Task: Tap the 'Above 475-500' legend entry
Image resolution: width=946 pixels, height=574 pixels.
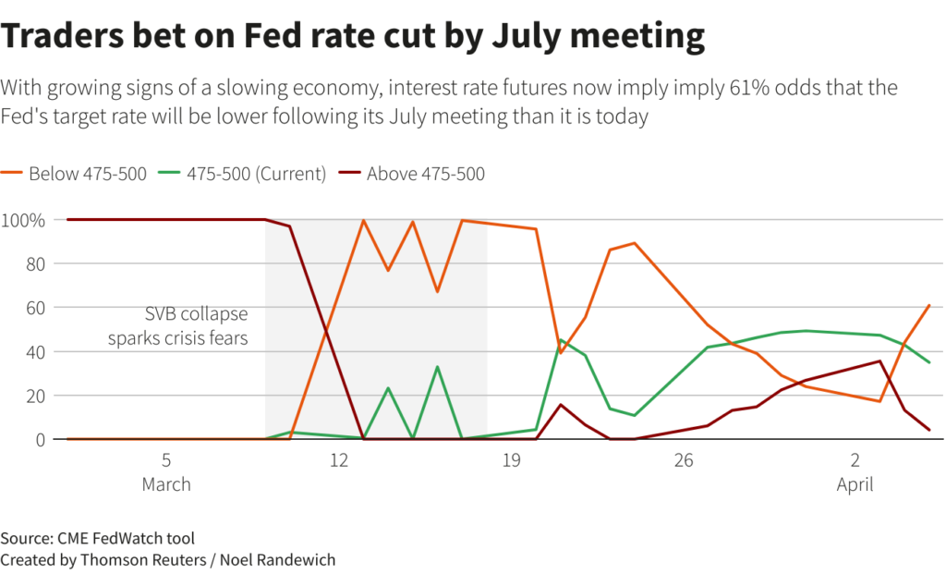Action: pyautogui.click(x=425, y=174)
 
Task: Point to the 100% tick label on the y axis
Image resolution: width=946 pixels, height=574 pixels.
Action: pyautogui.click(x=23, y=220)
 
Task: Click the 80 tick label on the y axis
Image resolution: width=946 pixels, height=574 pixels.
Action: pyautogui.click(x=33, y=263)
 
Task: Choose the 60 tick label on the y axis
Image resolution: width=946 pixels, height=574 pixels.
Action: pyautogui.click(x=33, y=308)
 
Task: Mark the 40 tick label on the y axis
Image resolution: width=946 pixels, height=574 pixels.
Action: pyautogui.click(x=33, y=352)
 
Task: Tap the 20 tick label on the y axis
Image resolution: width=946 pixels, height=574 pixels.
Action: pyautogui.click(x=33, y=396)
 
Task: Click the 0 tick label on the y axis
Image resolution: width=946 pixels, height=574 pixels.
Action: pyautogui.click(x=39, y=440)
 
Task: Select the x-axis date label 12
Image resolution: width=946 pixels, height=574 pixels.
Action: pyautogui.click(x=339, y=460)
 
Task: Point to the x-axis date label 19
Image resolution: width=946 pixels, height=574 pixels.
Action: pyautogui.click(x=511, y=460)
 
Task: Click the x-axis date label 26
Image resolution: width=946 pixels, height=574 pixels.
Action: pyautogui.click(x=684, y=460)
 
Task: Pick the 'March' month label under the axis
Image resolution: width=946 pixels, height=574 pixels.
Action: pyautogui.click(x=166, y=484)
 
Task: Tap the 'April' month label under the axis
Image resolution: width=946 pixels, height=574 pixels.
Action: pyautogui.click(x=855, y=484)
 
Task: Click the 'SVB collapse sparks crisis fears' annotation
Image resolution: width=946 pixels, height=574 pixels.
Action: pyautogui.click(x=178, y=326)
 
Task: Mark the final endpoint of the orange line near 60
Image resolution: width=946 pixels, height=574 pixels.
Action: pyautogui.click(x=928, y=306)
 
